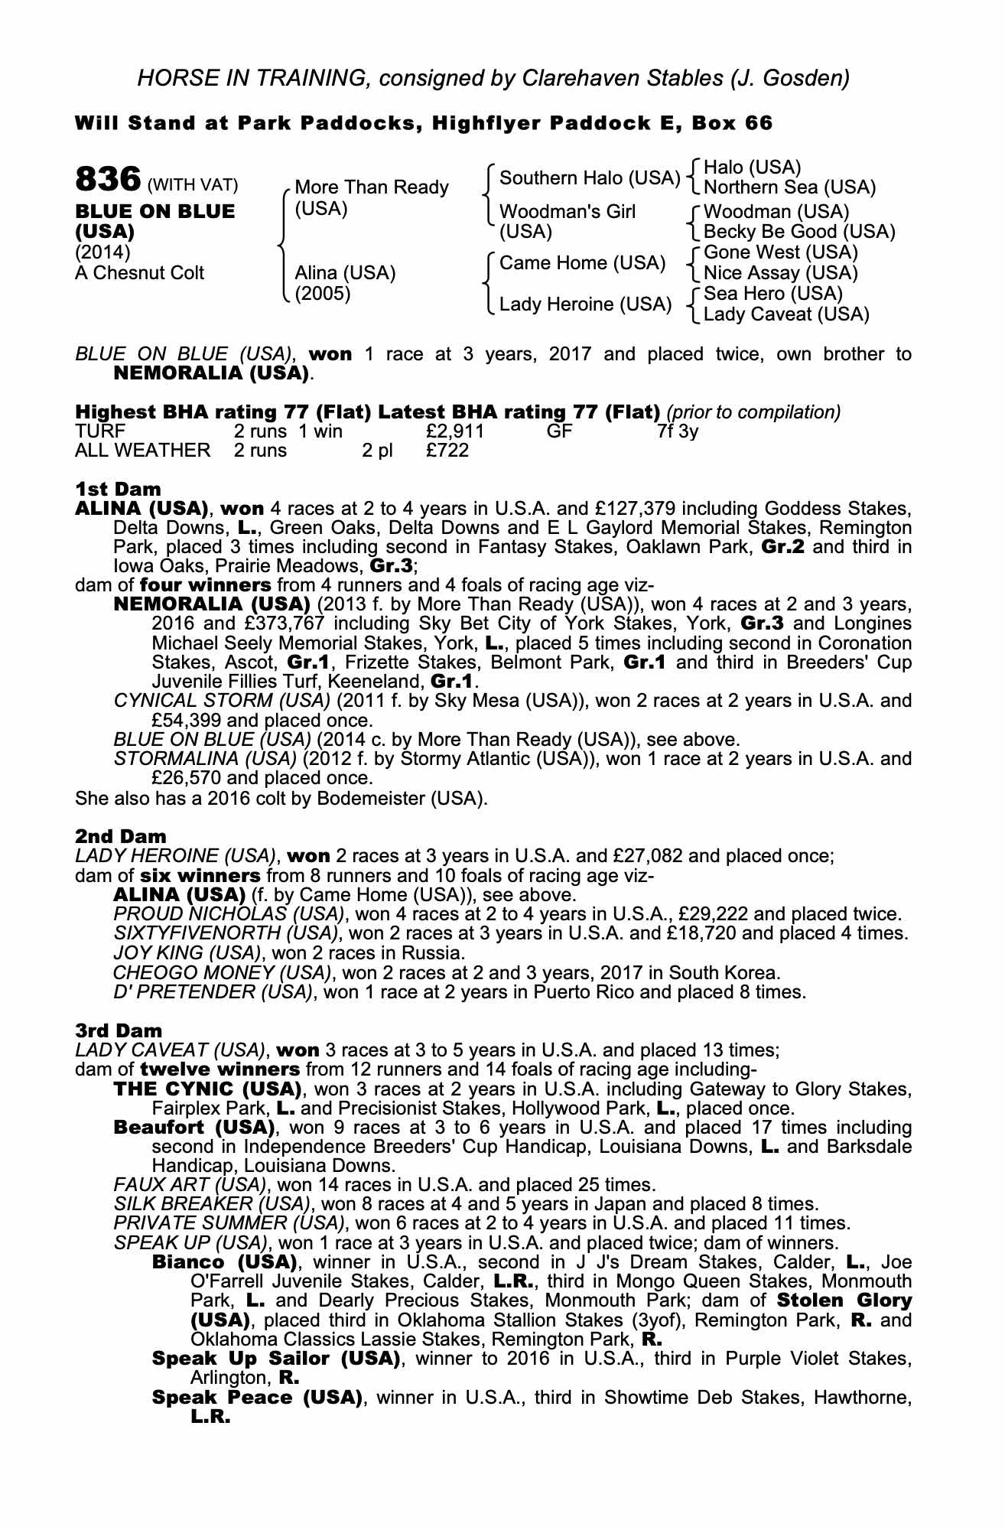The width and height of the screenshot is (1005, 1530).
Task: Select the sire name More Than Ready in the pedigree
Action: [371, 187]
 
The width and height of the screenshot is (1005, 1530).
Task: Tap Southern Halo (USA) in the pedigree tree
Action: [589, 178]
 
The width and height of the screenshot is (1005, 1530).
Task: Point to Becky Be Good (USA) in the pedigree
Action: [798, 232]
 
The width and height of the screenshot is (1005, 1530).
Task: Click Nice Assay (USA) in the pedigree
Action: [780, 273]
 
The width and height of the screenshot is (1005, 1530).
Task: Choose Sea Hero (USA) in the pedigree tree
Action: [772, 294]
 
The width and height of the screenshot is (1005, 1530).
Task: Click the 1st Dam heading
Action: [118, 489]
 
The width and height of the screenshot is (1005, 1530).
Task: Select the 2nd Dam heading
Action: [120, 836]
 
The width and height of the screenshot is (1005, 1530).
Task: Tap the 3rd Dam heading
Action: [119, 1030]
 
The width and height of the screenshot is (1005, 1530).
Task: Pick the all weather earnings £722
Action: [447, 451]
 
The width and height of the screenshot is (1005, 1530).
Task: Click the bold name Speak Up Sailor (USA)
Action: [276, 1359]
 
